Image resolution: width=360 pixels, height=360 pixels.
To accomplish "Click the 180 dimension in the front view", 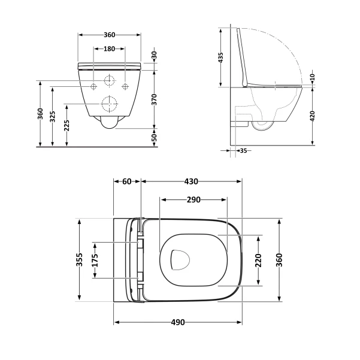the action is (109, 49).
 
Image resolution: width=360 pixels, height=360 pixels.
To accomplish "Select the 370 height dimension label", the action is (155, 99).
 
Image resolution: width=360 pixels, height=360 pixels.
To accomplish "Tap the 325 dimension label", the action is (53, 117).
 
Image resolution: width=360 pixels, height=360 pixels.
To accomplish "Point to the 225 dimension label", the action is (66, 125).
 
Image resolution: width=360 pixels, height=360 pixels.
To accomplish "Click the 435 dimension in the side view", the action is (220, 58).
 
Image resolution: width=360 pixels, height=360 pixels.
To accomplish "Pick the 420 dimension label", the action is (312, 116).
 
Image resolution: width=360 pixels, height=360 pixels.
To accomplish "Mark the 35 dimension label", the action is (243, 150).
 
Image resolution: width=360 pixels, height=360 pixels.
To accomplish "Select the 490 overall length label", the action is (178, 322).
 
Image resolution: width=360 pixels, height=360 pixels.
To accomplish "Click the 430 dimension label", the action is (191, 181).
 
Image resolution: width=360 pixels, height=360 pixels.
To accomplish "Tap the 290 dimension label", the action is (193, 199).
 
